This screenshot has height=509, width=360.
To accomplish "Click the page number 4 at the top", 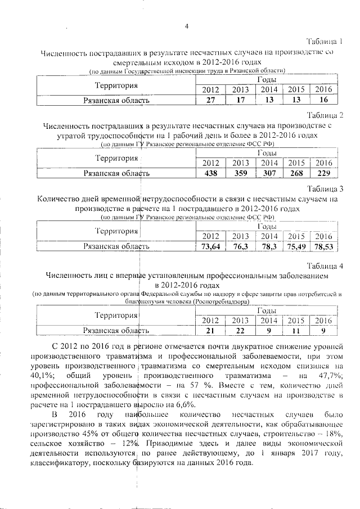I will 186,24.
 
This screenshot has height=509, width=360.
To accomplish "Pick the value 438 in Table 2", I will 210,173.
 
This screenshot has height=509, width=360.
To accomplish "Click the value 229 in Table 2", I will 323,173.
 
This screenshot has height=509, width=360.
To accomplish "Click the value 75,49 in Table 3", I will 296,246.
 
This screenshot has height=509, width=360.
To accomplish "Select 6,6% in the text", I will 184,404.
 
